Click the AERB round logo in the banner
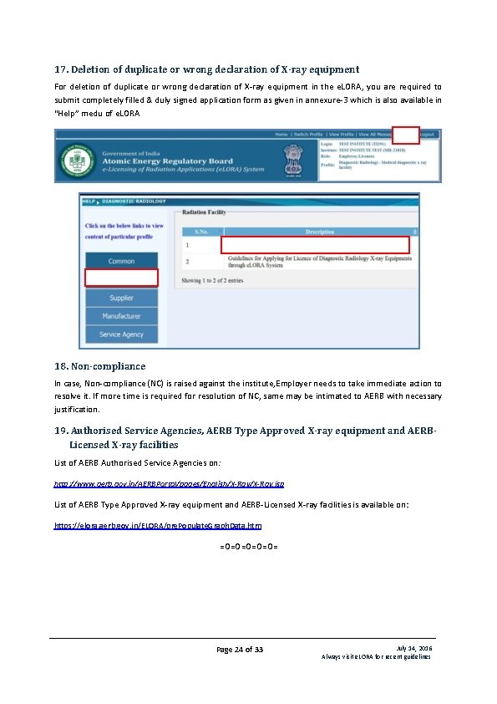click(x=76, y=158)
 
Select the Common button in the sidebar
click(x=121, y=261)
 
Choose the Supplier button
click(x=121, y=298)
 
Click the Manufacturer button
click(x=121, y=316)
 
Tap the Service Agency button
click(x=121, y=334)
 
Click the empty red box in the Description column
click(x=315, y=245)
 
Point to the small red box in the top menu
click(x=405, y=135)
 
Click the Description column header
click(x=320, y=231)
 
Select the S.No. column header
click(x=201, y=231)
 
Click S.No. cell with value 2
click(x=188, y=262)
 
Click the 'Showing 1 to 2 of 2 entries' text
click(x=212, y=281)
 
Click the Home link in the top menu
click(x=281, y=134)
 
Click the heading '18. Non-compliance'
click(x=99, y=366)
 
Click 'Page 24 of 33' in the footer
click(x=240, y=650)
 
